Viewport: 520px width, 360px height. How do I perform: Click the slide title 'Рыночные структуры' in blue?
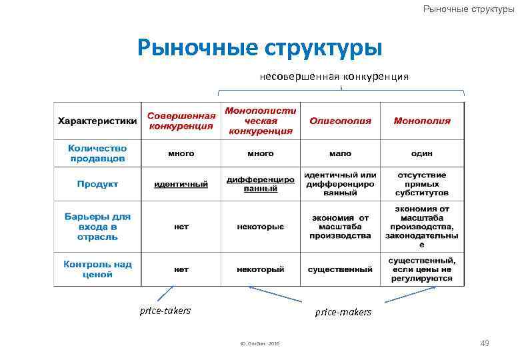[259, 48]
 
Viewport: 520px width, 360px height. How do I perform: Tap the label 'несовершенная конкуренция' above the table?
[334, 77]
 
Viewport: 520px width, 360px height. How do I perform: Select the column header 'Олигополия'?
[340, 121]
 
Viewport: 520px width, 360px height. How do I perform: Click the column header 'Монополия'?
[421, 121]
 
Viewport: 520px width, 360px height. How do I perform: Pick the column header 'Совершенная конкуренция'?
[181, 121]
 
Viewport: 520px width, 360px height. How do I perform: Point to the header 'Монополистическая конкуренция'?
[260, 121]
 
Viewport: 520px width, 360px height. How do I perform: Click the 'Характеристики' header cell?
[97, 121]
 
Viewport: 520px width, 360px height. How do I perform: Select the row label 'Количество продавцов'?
[97, 153]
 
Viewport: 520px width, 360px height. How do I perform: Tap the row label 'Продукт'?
[97, 184]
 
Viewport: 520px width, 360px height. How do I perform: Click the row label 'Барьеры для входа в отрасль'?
[97, 227]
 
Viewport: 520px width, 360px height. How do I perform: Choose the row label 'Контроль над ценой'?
[97, 269]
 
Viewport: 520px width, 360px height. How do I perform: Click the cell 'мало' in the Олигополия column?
[340, 153]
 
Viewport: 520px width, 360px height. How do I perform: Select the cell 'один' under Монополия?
[421, 153]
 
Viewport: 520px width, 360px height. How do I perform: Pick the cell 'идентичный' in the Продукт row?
[181, 184]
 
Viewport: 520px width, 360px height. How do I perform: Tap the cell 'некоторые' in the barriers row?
[260, 227]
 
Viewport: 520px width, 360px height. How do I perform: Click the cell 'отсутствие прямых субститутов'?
[421, 184]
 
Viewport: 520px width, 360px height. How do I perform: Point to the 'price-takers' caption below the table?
[165, 310]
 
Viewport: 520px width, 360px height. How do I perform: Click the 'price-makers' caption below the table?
[343, 311]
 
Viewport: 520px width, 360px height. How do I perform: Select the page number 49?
[485, 343]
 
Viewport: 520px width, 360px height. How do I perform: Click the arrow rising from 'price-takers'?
[165, 294]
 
